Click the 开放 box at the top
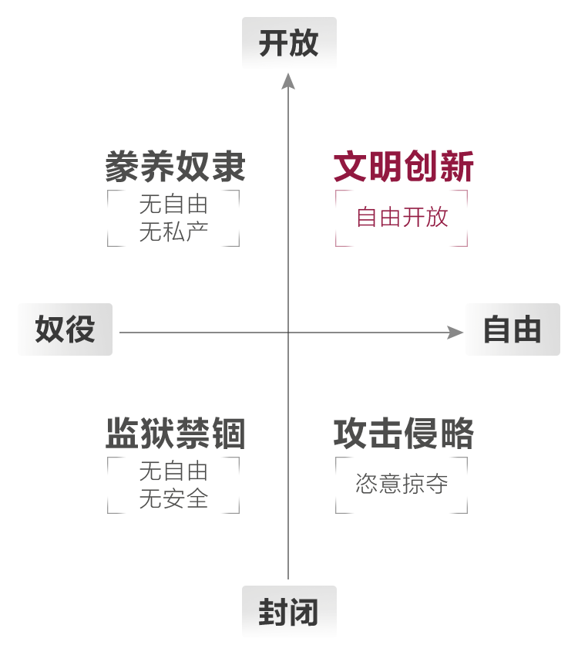[289, 43]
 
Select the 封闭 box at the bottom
[289, 612]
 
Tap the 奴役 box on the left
[65, 329]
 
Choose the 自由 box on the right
[512, 329]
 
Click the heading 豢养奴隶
[175, 166]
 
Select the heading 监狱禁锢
[175, 433]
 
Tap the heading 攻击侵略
[403, 433]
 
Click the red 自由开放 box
[402, 218]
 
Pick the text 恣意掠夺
[402, 485]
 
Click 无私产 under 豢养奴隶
[173, 231]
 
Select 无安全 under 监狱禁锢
[173, 498]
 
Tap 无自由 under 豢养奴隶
[173, 204]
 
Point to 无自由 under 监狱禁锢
[173, 470]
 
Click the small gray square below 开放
[288, 80]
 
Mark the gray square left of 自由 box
[455, 333]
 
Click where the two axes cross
[288, 333]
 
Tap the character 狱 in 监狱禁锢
[158, 433]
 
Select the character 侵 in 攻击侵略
[420, 433]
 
